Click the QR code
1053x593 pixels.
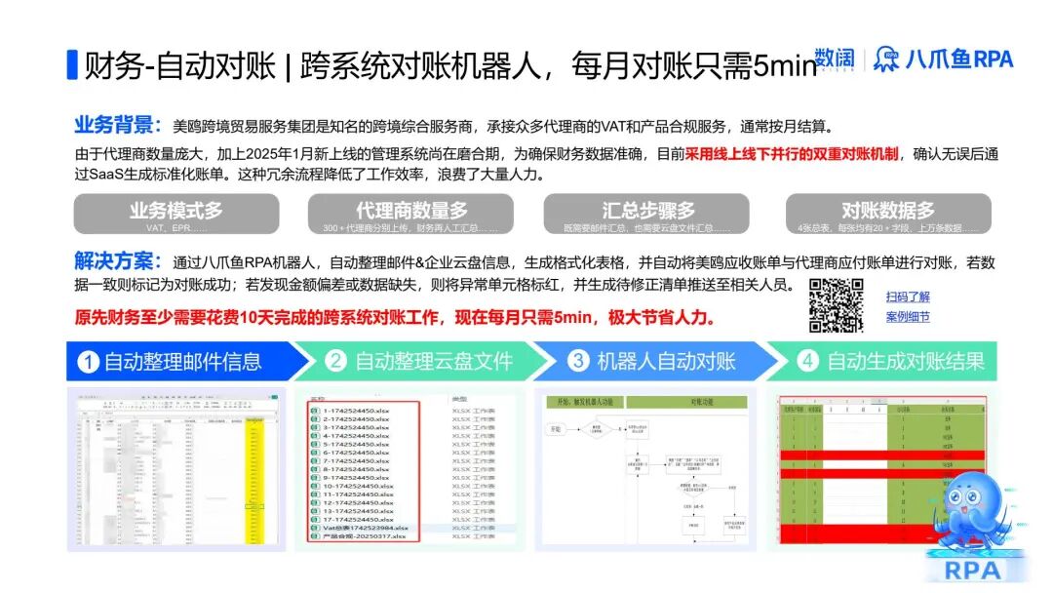(x=837, y=304)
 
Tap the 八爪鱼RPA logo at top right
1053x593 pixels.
(x=943, y=59)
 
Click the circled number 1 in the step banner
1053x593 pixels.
(x=88, y=362)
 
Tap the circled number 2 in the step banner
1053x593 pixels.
(x=335, y=362)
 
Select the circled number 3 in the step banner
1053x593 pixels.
(x=578, y=362)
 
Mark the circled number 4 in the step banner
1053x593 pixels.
(x=806, y=362)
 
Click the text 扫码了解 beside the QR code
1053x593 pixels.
(x=908, y=296)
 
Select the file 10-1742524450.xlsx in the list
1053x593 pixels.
(x=358, y=485)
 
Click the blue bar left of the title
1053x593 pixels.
(x=71, y=64)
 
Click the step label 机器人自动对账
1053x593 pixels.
(x=666, y=362)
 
